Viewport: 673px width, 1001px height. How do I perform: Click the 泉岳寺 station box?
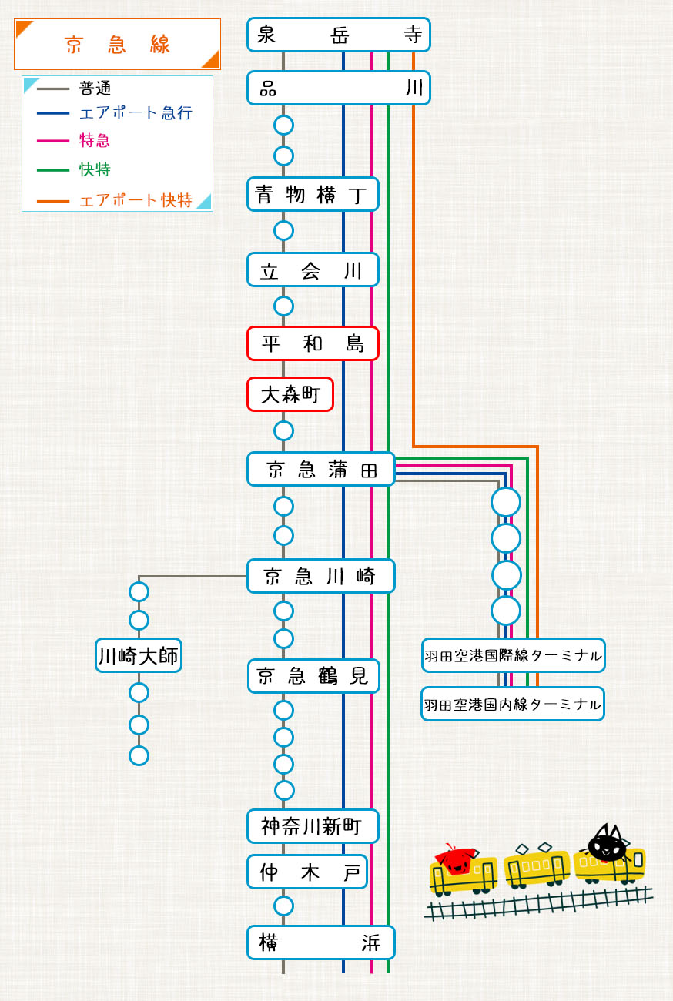click(x=338, y=35)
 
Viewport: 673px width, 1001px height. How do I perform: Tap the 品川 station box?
click(x=338, y=88)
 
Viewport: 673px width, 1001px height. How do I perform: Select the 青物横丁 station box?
click(x=313, y=194)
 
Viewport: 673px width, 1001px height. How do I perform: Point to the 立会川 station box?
click(x=313, y=269)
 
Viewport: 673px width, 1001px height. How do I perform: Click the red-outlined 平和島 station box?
click(x=313, y=343)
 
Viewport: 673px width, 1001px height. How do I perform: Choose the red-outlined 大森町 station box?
click(x=290, y=394)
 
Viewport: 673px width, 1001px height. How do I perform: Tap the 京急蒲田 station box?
click(x=320, y=469)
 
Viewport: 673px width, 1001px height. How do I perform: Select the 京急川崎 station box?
click(x=320, y=576)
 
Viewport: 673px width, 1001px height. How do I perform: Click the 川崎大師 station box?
click(x=139, y=655)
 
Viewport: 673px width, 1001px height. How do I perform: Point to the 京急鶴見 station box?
click(x=313, y=676)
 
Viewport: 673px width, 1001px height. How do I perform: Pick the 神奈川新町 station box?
click(x=313, y=826)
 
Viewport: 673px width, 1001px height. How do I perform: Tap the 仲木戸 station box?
click(x=306, y=872)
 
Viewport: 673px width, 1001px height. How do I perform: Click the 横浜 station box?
click(x=320, y=942)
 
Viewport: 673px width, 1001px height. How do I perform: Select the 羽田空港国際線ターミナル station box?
click(x=513, y=655)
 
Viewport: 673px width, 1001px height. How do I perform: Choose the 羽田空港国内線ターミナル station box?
click(x=513, y=704)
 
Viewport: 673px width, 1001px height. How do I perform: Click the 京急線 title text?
click(x=117, y=45)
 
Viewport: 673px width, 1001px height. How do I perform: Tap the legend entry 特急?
click(x=95, y=140)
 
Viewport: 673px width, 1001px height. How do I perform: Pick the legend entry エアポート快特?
click(x=136, y=200)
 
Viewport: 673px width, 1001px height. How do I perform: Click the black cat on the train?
click(x=607, y=845)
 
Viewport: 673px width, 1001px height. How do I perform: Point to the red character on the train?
click(x=455, y=860)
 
